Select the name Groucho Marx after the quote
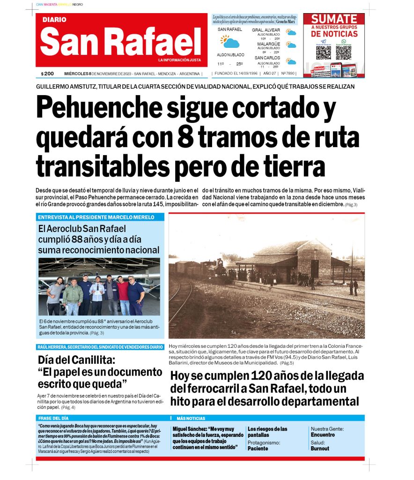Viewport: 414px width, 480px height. point(286,22)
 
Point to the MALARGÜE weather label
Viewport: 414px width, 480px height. point(268,44)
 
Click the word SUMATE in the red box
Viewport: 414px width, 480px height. point(334,19)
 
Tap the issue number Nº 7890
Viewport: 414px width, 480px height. point(288,74)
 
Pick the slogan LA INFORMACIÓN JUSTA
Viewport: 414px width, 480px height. point(179,60)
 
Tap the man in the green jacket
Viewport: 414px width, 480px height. point(73,297)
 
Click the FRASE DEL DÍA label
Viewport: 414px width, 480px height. point(53,418)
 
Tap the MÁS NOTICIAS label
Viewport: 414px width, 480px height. point(191,418)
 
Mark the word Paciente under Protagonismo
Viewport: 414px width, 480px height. point(258,449)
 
